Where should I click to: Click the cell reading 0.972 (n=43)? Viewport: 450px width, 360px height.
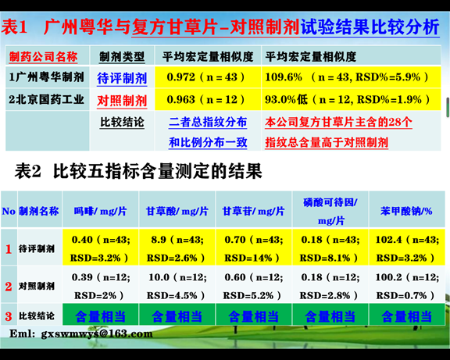(208, 77)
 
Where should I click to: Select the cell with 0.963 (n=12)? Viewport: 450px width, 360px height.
(208, 99)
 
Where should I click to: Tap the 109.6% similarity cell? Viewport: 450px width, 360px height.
(351, 77)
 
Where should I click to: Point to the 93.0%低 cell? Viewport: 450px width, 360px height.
(351, 99)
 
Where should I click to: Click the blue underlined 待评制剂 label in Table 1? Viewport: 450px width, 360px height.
(122, 78)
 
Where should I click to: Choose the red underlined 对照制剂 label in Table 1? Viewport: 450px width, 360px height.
(122, 101)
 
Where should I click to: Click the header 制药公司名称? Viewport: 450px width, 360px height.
(43, 56)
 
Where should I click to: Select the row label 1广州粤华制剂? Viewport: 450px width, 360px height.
(47, 77)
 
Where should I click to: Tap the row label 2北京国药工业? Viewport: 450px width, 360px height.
(46, 99)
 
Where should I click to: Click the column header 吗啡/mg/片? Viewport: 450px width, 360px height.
(101, 211)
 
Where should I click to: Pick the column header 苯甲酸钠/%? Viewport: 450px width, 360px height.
(406, 211)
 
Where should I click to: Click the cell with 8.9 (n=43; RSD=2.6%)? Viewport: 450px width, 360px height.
(177, 248)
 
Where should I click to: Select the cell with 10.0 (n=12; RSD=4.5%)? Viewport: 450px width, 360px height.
(177, 286)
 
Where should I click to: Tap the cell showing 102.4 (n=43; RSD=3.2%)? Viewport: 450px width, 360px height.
(407, 248)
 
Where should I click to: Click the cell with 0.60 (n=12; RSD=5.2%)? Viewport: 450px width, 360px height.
(254, 286)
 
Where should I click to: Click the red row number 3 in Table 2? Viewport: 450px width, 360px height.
(9, 316)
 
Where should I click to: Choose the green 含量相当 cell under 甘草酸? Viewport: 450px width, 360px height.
(177, 316)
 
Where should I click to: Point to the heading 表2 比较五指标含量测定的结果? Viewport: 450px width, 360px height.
(138, 171)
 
